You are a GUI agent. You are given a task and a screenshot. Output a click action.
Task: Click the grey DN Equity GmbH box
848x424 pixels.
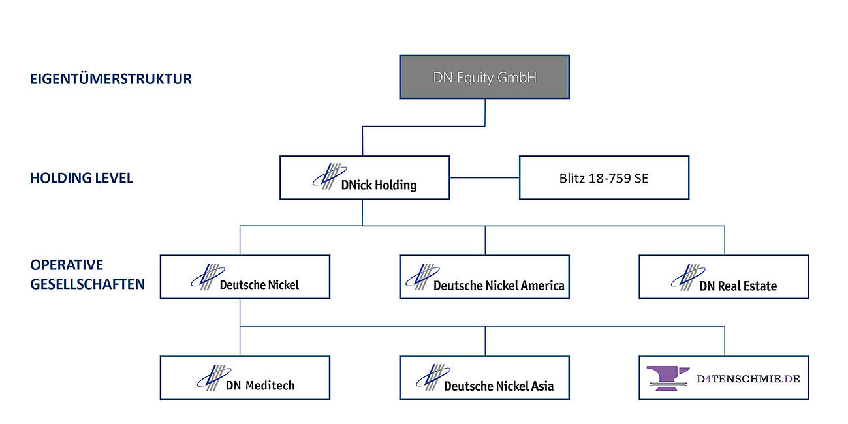[484, 77]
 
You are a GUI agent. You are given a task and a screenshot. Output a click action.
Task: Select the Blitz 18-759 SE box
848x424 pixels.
[604, 177]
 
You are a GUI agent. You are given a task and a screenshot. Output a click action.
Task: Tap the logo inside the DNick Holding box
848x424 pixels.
[327, 176]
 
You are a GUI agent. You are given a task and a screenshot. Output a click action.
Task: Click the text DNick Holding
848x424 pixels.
[379, 185]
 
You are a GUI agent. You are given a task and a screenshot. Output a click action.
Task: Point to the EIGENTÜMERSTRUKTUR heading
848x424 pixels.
[111, 79]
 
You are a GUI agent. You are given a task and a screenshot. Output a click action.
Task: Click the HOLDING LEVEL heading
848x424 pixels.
[82, 178]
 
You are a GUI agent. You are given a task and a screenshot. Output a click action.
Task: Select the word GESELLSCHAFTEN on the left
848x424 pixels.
[87, 284]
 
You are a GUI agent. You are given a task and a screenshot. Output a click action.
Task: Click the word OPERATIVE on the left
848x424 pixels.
[67, 265]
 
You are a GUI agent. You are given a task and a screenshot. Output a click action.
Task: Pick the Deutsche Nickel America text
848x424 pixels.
[499, 285]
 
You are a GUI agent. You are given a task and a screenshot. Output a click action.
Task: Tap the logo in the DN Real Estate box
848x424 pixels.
[687, 277]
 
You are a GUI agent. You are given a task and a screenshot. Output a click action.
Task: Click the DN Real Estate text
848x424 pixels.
[738, 286]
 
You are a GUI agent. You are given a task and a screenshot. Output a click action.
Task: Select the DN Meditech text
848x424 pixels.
[260, 386]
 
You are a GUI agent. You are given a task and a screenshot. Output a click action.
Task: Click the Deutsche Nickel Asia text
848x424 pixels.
[499, 386]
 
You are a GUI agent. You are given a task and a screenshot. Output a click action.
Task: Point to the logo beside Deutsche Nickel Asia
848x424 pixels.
[432, 377]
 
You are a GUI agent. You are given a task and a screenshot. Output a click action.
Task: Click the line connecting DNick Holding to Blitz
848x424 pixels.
[484, 177]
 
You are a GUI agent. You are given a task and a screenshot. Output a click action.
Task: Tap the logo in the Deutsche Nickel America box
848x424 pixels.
[422, 277]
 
